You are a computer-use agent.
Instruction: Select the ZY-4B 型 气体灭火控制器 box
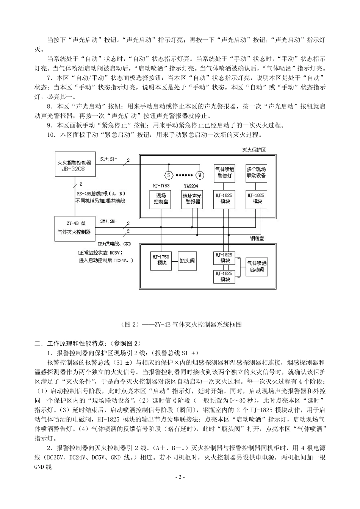(74, 228)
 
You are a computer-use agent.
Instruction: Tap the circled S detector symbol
(168, 175)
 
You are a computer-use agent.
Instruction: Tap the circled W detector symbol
(200, 175)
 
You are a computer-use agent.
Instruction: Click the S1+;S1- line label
(109, 159)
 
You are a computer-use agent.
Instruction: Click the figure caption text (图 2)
(180, 325)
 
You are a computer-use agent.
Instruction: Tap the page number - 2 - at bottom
(180, 477)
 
